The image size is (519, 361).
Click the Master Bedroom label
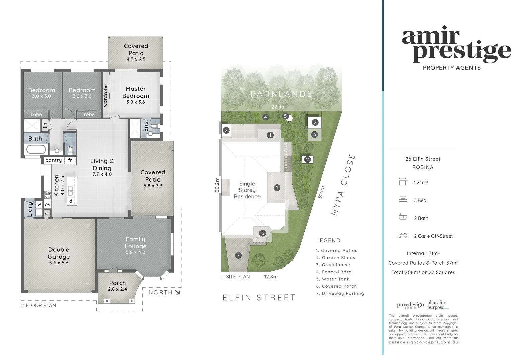[136, 92]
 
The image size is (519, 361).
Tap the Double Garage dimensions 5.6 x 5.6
[59, 263]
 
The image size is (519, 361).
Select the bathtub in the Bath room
[36, 149]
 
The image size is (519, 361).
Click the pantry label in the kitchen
[54, 160]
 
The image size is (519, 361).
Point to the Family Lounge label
[136, 243]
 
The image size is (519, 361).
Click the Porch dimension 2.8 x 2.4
[118, 289]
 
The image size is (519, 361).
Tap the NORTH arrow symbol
[177, 292]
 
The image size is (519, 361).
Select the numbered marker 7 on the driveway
[238, 255]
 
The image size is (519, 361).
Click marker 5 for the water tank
[285, 116]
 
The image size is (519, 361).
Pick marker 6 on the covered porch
[263, 233]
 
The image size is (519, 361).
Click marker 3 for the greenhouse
[314, 135]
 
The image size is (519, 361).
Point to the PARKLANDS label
[282, 94]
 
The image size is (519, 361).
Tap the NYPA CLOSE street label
[343, 185]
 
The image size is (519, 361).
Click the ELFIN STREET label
[259, 298]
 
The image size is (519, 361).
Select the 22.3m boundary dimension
[278, 107]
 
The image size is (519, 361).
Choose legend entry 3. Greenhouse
[333, 265]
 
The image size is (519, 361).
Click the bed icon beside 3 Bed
[403, 200]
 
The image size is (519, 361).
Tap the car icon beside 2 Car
[403, 236]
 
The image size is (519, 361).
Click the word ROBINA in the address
[423, 167]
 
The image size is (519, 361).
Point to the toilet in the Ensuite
[154, 126]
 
